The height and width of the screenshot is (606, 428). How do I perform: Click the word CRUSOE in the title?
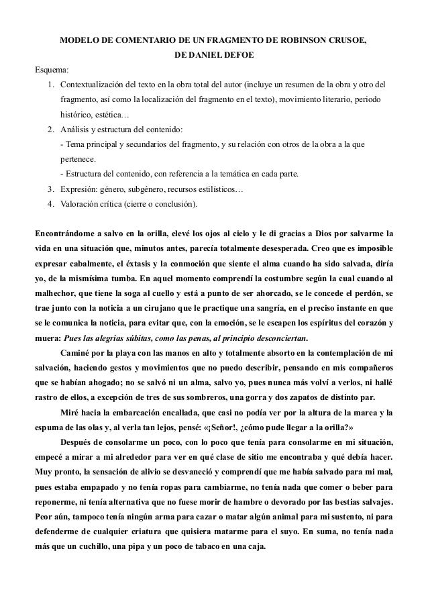click(x=346, y=41)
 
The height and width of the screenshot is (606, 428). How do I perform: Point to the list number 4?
click(x=51, y=203)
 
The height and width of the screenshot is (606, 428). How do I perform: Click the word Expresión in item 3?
click(x=79, y=189)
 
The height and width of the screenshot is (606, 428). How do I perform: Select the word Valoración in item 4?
click(x=81, y=203)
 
